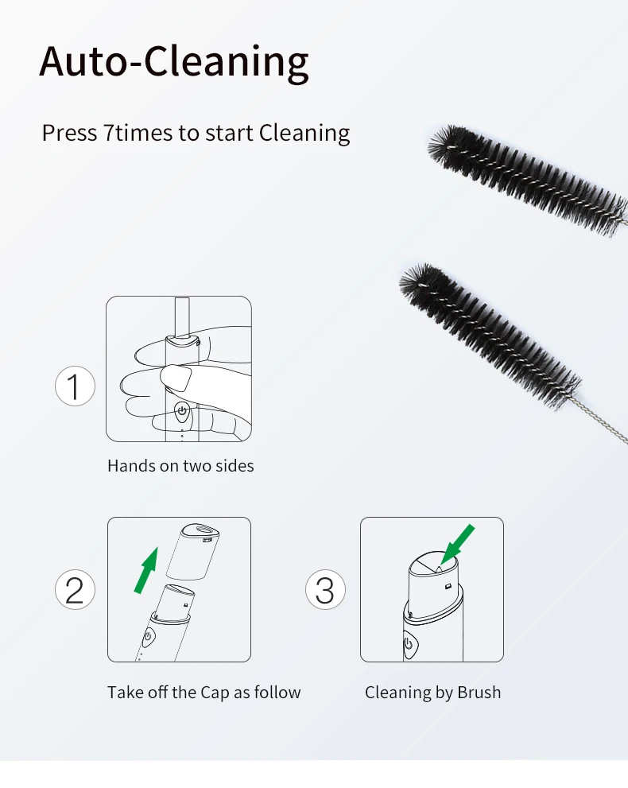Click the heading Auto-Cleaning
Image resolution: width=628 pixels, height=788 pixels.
pos(174,62)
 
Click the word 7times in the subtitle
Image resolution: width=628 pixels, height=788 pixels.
pos(138,133)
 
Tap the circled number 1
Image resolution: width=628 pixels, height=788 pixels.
pos(75,386)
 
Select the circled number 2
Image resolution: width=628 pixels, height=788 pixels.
pos(75,589)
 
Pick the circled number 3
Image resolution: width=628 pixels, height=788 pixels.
pos(325,589)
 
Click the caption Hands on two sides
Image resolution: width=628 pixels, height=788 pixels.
pos(180,466)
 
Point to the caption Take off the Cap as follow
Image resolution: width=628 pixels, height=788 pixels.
pos(204,693)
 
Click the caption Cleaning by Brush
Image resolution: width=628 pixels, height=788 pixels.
pos(432,693)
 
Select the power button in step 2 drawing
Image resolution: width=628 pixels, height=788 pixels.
pos(148,637)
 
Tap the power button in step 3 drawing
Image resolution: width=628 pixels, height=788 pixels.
pos(409,646)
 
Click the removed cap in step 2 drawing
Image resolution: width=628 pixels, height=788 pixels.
pos(193,551)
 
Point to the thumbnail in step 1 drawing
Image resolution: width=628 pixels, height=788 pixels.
pos(176,377)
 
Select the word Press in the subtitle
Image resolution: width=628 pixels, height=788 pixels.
pos(69,133)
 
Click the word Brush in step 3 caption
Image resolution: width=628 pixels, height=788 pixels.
pos(479,693)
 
